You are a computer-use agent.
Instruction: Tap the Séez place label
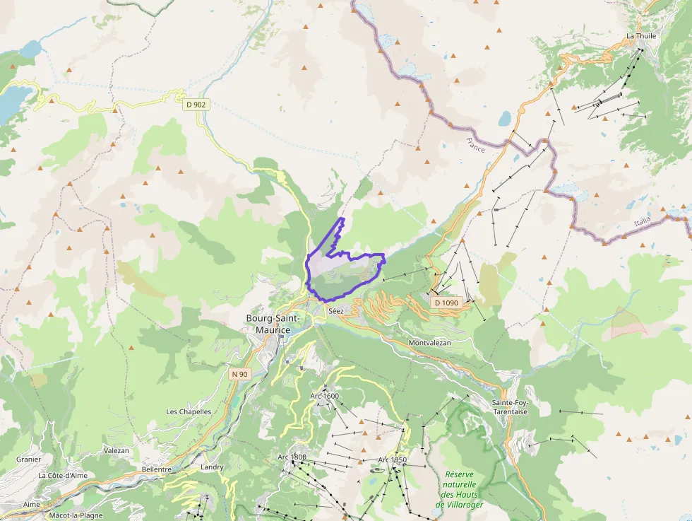coord(335,310)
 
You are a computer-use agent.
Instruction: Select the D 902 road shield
coord(196,105)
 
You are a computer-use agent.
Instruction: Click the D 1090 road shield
coord(446,303)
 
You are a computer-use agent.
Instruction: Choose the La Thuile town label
coord(641,36)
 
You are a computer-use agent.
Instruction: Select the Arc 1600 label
coord(325,396)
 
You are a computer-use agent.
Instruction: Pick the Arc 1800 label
coord(292,457)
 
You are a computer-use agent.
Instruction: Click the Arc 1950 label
coord(392,460)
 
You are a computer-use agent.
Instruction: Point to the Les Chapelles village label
coord(189,411)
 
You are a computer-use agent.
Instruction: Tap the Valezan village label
coord(117,450)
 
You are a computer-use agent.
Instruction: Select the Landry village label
coord(212,467)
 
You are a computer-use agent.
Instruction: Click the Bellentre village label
coord(157,469)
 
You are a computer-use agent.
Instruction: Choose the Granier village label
coord(28,459)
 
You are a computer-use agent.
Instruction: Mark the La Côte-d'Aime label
coord(62,476)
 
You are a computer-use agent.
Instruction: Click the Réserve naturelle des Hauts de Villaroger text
coord(460,489)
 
